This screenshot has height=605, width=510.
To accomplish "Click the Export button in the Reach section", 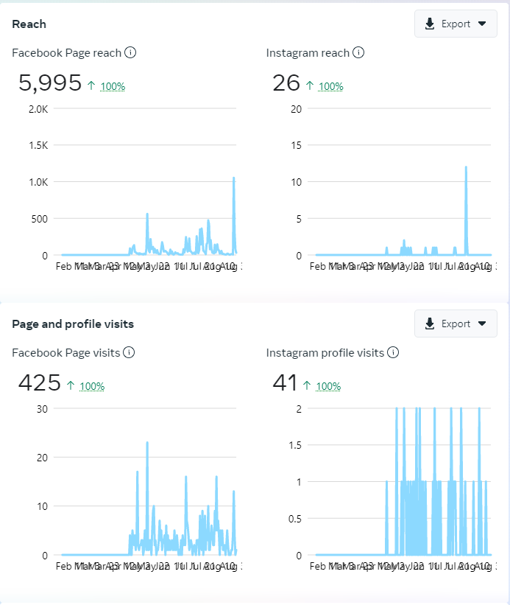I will pos(456,24).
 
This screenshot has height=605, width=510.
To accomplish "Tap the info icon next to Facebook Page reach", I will pos(130,52).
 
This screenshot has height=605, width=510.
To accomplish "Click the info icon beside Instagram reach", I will pos(358,52).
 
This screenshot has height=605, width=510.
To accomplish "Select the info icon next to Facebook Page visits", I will pos(129,353).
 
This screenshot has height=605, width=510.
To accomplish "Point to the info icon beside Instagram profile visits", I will pos(393,353).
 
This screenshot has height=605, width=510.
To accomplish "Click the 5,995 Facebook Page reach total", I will pos(50,83).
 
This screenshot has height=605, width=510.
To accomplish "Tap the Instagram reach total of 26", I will pos(286,83).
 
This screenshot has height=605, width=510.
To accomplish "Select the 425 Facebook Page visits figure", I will pos(40,383).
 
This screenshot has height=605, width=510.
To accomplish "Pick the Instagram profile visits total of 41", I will pos(285,383).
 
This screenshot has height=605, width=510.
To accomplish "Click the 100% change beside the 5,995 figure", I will pos(113,86).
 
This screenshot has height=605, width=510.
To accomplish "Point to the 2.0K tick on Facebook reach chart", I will pos(38,109).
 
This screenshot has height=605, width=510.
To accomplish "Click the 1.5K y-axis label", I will pos(38,145).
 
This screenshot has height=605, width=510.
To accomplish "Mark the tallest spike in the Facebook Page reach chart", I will pos(234,178).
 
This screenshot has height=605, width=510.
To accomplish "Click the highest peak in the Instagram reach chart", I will pos(466,167).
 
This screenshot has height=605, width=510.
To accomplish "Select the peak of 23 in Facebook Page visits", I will pos(147,442).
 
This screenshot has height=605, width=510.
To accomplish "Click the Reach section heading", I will pos(29,24).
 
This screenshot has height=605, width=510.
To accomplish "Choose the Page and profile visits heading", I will pos(73,324).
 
